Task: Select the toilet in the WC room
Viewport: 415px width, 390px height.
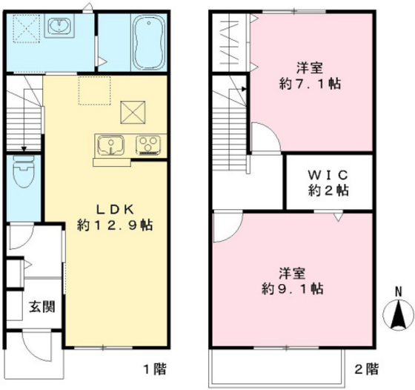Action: (x=23, y=176)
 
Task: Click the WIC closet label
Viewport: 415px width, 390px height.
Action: (x=329, y=174)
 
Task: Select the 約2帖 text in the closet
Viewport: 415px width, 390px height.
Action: (x=329, y=191)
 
